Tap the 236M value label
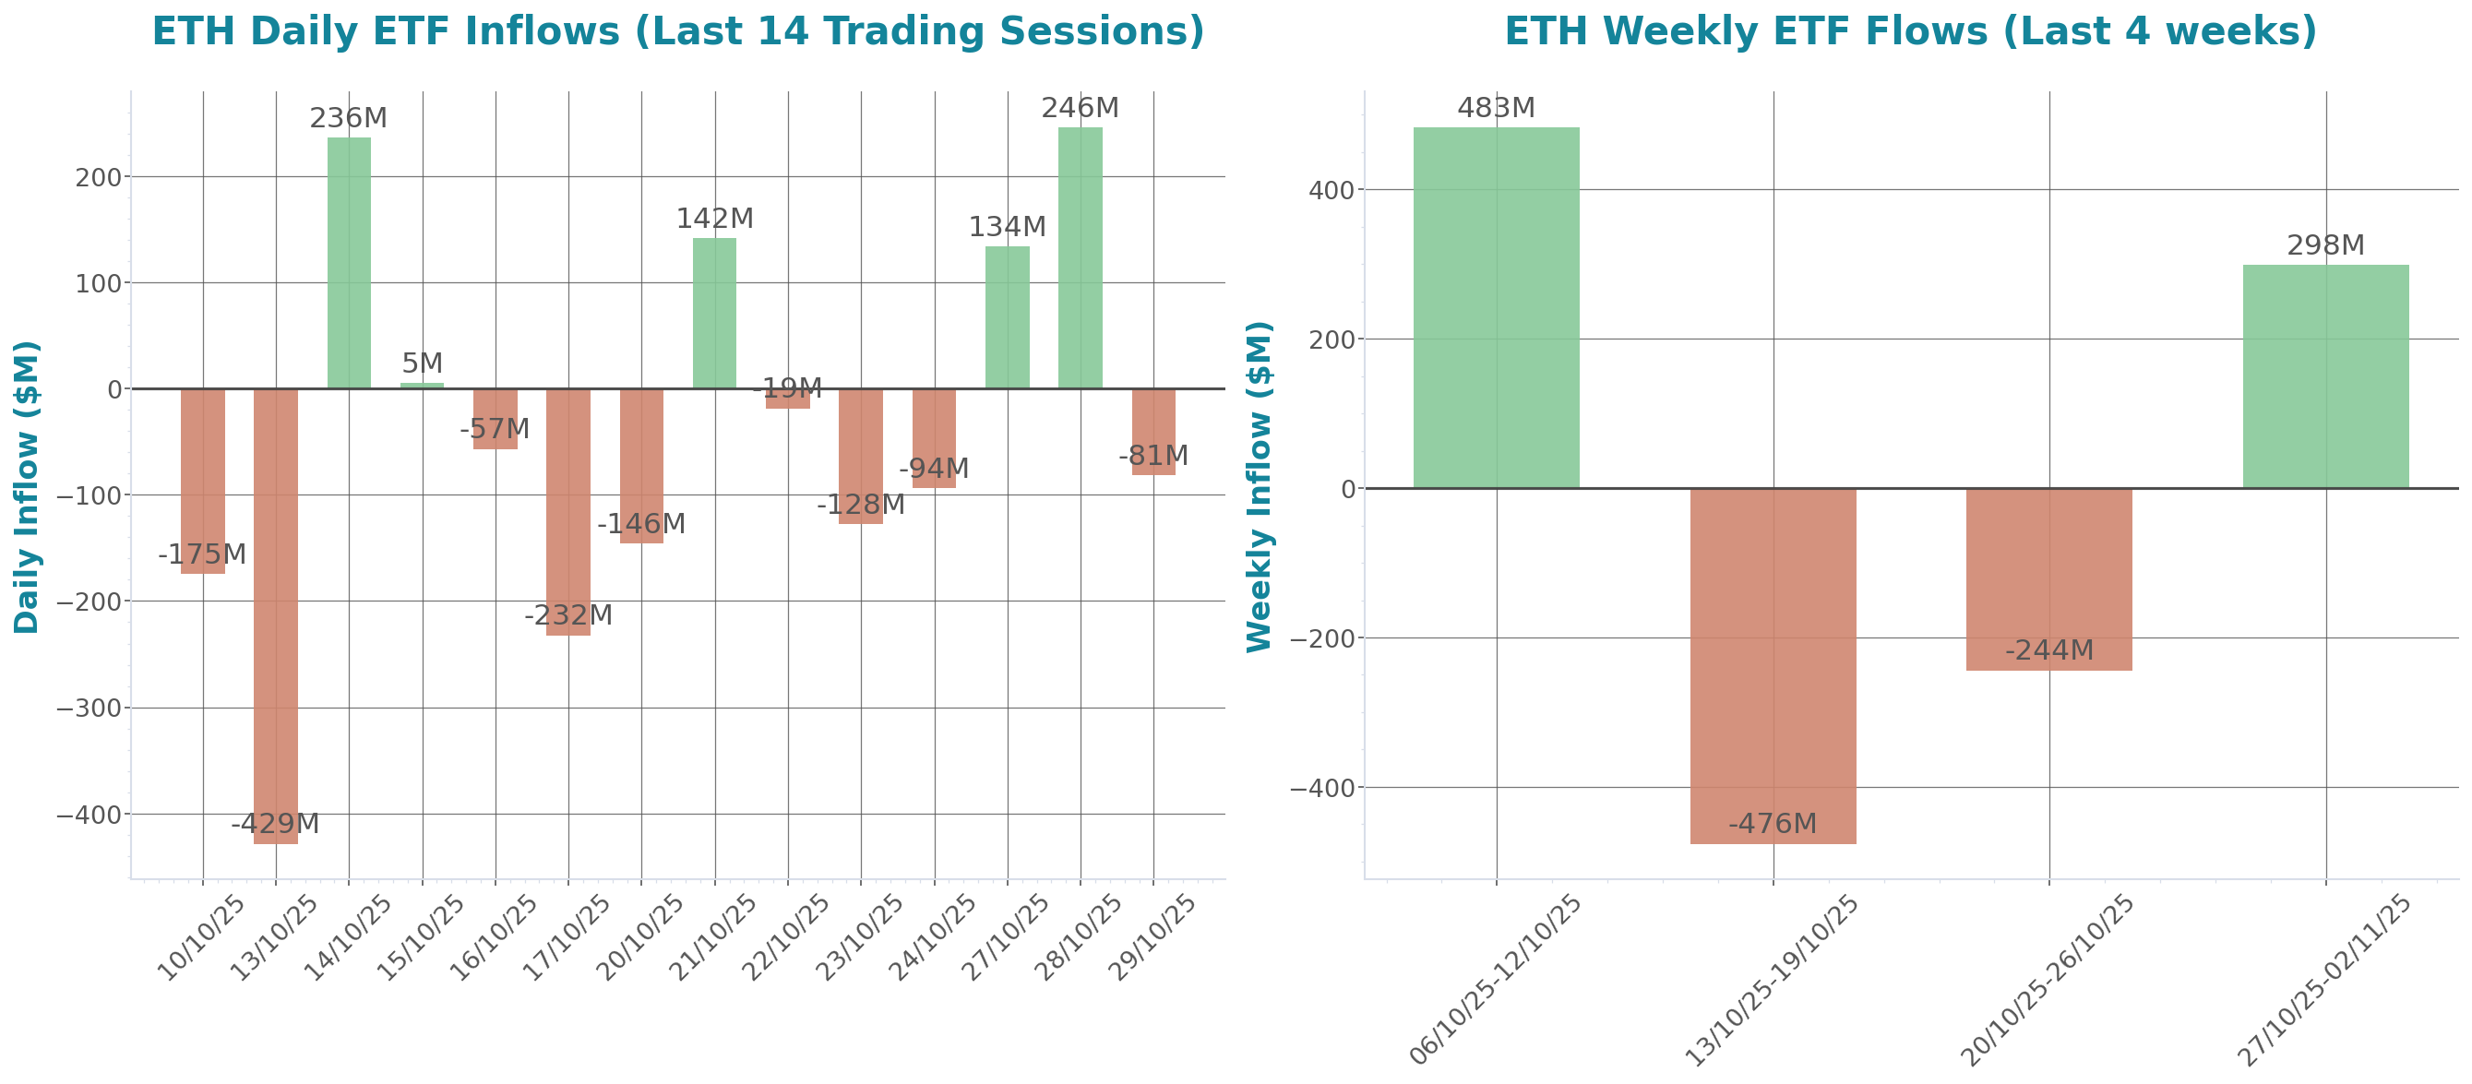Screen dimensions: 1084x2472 (349, 118)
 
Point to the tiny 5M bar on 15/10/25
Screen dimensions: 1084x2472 (423, 385)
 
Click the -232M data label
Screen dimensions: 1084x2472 (568, 615)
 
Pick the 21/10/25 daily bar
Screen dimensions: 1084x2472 (715, 313)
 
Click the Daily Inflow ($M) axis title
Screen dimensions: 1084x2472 (27, 486)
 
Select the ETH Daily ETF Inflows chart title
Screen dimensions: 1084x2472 (677, 31)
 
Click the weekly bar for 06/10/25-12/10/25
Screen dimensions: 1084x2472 (1496, 307)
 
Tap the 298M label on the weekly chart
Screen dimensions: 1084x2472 (2325, 245)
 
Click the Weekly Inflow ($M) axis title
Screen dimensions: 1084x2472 (1259, 486)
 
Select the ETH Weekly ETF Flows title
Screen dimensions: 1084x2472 (1910, 31)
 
